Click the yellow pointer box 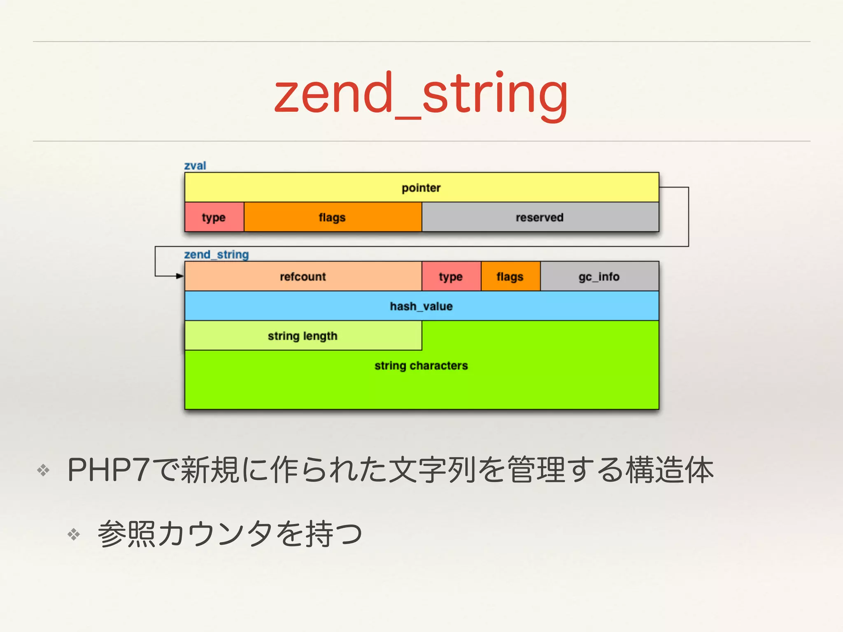pyautogui.click(x=421, y=188)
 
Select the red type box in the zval pyautogui.click(x=214, y=217)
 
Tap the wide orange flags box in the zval pyautogui.click(x=332, y=217)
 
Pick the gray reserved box pyautogui.click(x=540, y=217)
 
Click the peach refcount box pyautogui.click(x=303, y=276)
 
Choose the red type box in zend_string pyautogui.click(x=451, y=276)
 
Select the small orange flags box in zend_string pyautogui.click(x=510, y=276)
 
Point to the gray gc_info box pyautogui.click(x=599, y=276)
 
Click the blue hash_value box pyautogui.click(x=421, y=306)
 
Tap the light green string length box pyautogui.click(x=303, y=336)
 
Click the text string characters pyautogui.click(x=421, y=365)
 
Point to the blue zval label pyautogui.click(x=195, y=165)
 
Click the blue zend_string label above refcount pyautogui.click(x=217, y=254)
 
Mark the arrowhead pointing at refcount pyautogui.click(x=180, y=276)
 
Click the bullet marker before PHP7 pyautogui.click(x=43, y=470)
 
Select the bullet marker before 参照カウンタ pyautogui.click(x=74, y=534)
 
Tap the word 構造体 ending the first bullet pyautogui.click(x=669, y=470)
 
